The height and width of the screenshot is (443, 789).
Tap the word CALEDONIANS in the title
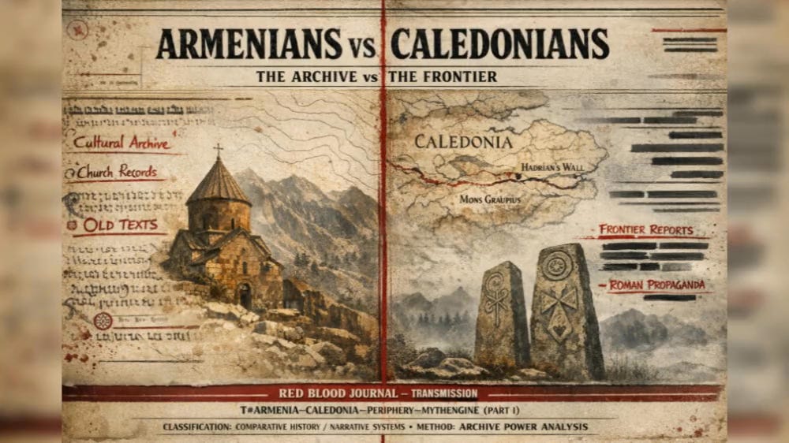click(x=499, y=45)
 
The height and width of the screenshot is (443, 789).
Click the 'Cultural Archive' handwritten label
click(x=122, y=143)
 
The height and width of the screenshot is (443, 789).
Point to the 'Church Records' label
click(x=117, y=172)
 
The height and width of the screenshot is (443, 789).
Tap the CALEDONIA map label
click(x=463, y=142)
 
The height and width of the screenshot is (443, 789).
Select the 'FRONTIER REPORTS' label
click(x=645, y=230)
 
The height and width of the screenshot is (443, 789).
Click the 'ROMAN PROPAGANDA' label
click(x=656, y=285)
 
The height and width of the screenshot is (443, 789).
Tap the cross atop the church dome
click(x=218, y=150)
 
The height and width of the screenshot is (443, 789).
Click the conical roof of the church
click(x=219, y=183)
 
